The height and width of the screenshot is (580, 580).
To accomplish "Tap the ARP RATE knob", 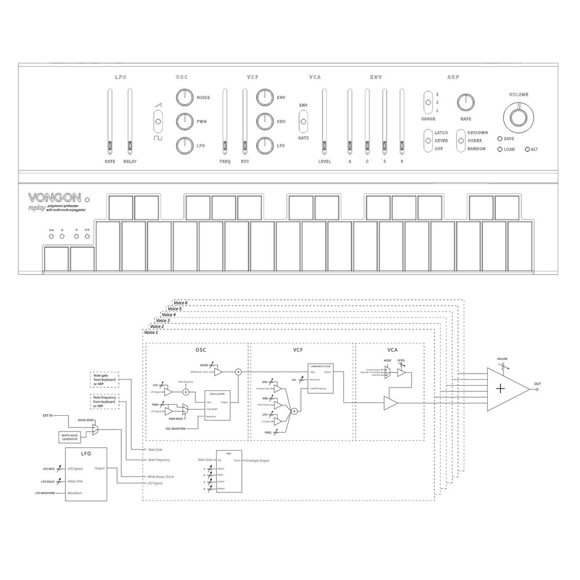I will [x=466, y=102].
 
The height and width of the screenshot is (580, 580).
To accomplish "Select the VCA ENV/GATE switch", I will [x=303, y=122].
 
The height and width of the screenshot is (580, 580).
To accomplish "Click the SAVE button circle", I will [x=499, y=139].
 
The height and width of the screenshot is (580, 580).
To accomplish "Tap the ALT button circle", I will [x=527, y=150].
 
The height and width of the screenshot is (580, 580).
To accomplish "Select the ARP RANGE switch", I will [x=428, y=102].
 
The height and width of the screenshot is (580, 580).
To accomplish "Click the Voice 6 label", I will [x=181, y=303].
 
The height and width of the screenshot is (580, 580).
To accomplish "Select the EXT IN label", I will [x=48, y=416].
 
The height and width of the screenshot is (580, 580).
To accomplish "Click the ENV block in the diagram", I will [x=229, y=470].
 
